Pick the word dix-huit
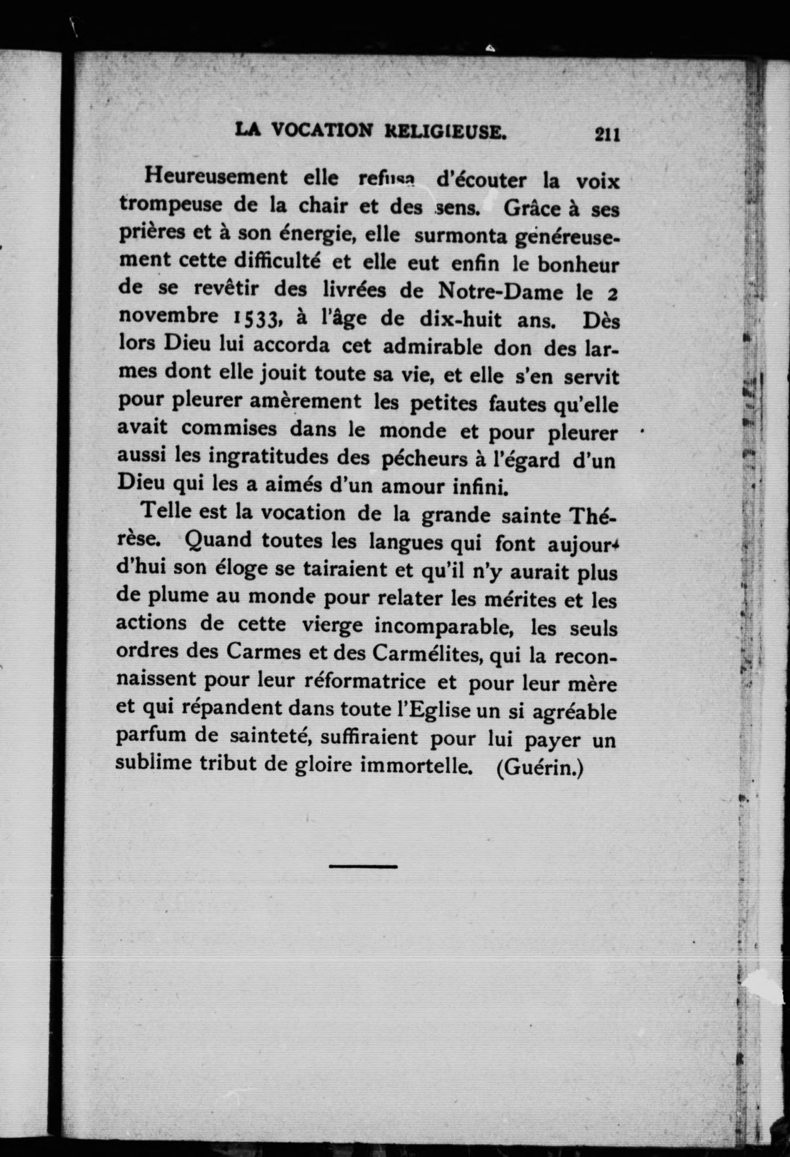click(x=461, y=319)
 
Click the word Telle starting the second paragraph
click(x=166, y=512)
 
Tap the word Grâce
click(x=532, y=209)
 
